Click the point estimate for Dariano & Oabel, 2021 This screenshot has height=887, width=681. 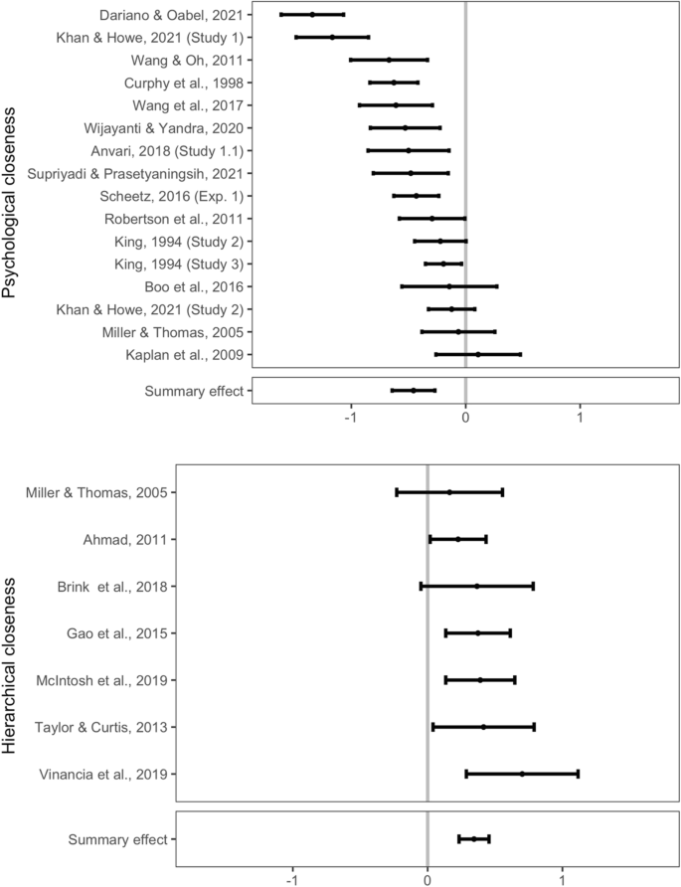pos(312,15)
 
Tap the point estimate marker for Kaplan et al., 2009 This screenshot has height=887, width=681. pos(477,354)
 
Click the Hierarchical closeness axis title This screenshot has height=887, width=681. pos(11,656)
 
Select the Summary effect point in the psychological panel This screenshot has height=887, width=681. pos(414,391)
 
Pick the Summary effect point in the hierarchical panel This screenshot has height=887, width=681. pos(473,839)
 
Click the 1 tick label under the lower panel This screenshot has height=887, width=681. pos(563,878)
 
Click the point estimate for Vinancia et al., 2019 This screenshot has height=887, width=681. pos(522,774)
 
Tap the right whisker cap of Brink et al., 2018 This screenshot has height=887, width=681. pos(533,587)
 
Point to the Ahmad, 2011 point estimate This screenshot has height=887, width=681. pos(457,539)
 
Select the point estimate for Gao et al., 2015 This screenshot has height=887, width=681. pos(478,633)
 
